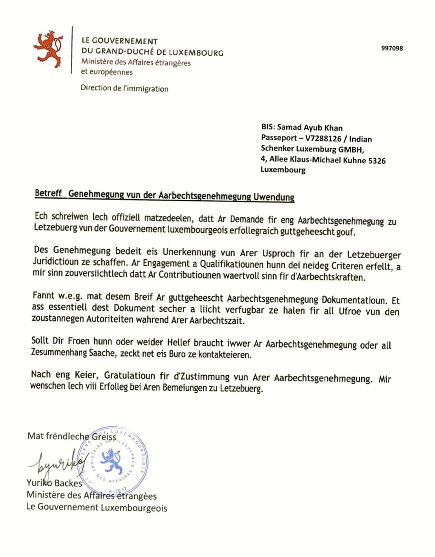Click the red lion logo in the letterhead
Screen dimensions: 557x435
[48, 49]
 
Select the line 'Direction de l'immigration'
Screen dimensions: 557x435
[124, 88]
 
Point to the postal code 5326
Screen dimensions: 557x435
[377, 160]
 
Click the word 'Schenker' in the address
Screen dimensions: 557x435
[276, 149]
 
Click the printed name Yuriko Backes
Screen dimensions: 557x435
[55, 484]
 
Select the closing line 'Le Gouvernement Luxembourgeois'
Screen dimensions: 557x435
[96, 508]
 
